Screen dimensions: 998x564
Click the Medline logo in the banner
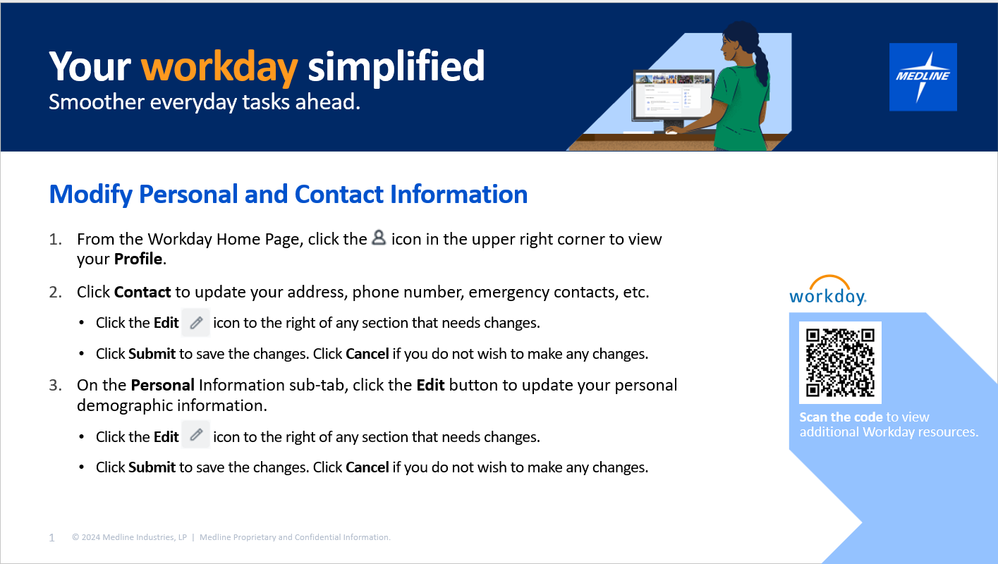click(923, 77)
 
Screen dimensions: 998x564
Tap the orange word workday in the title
click(219, 67)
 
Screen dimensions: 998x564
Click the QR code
click(840, 362)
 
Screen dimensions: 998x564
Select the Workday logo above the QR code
click(828, 290)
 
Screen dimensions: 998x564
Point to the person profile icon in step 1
click(379, 237)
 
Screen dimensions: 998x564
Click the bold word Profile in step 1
click(138, 259)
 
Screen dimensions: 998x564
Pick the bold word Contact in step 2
click(142, 293)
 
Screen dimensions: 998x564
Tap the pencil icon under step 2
click(196, 323)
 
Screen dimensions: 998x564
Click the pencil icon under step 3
click(196, 434)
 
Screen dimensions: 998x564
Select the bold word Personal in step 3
click(163, 385)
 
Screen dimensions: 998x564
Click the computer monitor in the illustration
click(673, 99)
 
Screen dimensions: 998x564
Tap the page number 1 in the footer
click(51, 538)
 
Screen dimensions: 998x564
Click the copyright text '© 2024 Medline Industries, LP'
click(129, 537)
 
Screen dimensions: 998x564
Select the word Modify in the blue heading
click(91, 195)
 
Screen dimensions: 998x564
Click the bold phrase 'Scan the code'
click(841, 417)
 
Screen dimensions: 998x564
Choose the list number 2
click(55, 293)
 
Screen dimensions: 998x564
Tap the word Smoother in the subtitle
click(97, 102)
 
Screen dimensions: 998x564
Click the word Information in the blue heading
click(459, 195)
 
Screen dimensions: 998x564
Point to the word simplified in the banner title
click(396, 67)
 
